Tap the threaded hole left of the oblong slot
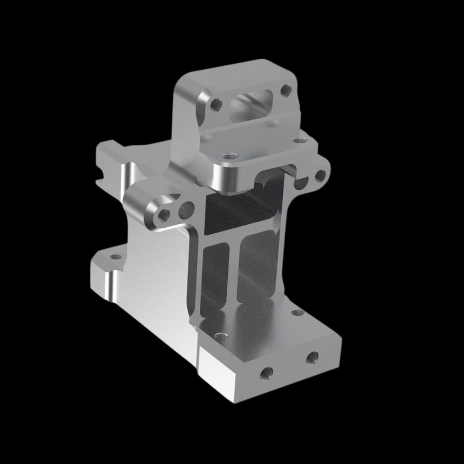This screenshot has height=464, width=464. point(216,103)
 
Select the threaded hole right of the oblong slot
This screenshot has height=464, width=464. point(285,90)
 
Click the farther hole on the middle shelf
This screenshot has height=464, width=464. point(298,140)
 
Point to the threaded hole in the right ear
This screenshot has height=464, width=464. point(320,175)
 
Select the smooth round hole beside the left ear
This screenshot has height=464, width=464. point(186,210)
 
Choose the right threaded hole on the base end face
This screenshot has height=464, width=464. point(312,357)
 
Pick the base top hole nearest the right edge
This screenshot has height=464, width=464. point(296,313)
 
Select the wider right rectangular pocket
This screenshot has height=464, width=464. point(258,269)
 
